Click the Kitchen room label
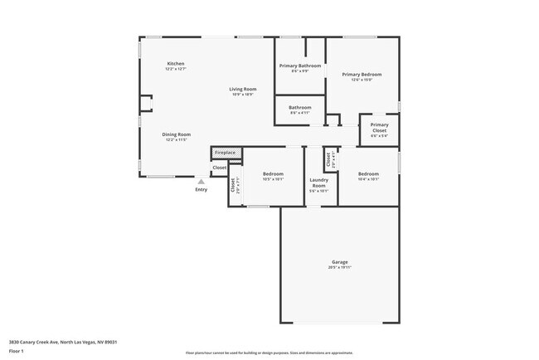click(x=175, y=64)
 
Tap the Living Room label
click(x=243, y=89)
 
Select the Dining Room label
click(x=176, y=134)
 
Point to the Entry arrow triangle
click(x=201, y=181)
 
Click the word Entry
click(x=202, y=190)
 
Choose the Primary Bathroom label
click(x=299, y=66)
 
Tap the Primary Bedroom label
click(x=362, y=75)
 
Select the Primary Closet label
click(x=379, y=129)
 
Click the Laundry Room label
click(x=318, y=182)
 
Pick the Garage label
click(x=339, y=262)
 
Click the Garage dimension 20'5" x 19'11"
click(x=339, y=268)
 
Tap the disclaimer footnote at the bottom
click(x=269, y=353)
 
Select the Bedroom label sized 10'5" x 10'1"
click(x=273, y=174)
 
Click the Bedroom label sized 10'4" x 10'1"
click(x=368, y=174)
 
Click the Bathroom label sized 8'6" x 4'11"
click(x=299, y=107)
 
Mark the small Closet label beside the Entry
click(x=219, y=168)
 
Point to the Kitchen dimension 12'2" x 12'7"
click(x=175, y=69)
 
